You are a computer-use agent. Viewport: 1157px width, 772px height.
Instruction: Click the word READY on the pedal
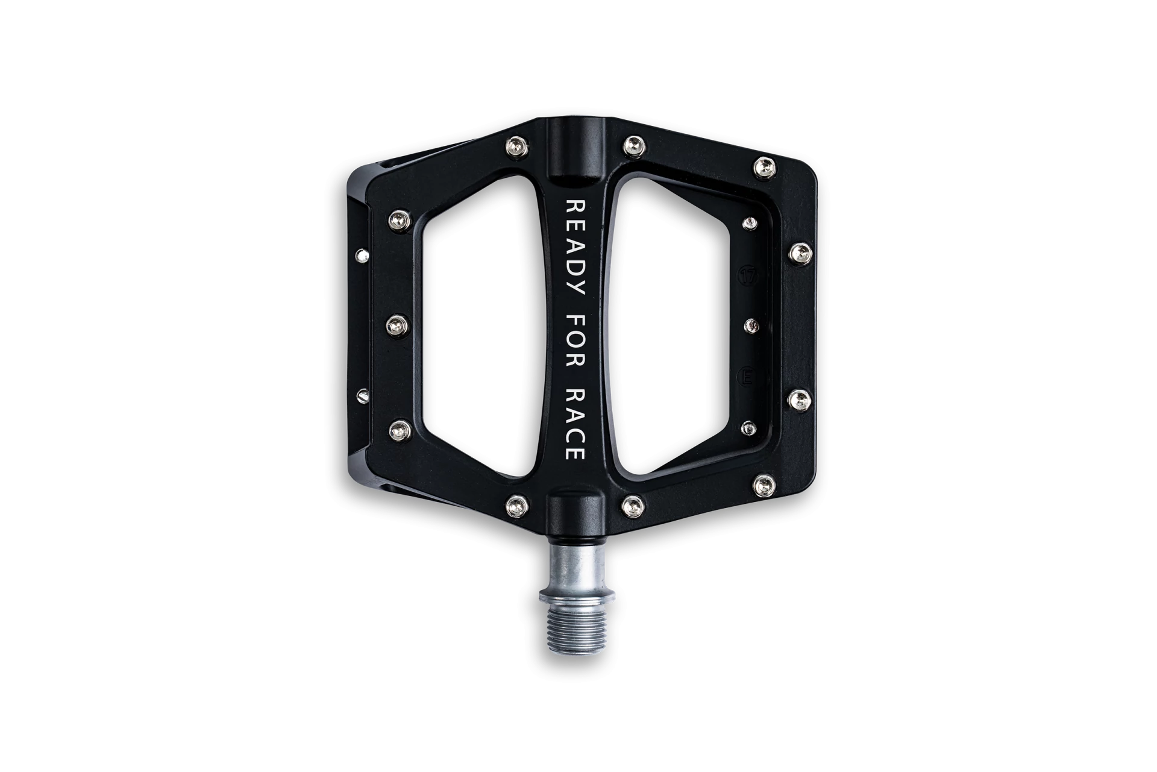[x=574, y=248]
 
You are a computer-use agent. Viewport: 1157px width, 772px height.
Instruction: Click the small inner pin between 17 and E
[x=751, y=326]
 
